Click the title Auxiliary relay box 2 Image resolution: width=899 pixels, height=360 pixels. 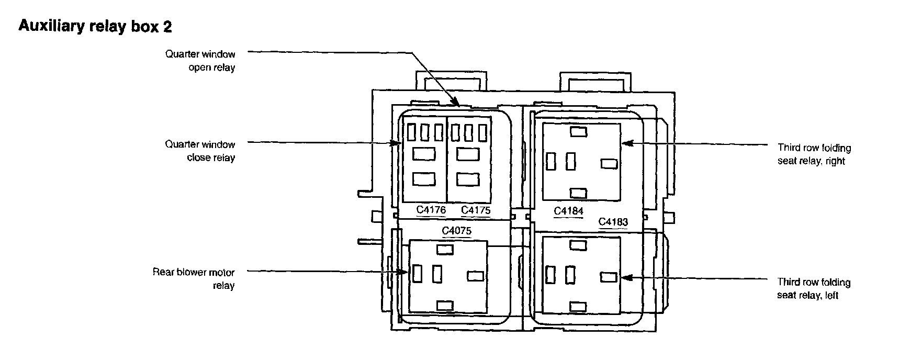[95, 27]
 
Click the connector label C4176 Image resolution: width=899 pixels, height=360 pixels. [431, 210]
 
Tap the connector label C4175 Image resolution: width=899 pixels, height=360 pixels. [476, 210]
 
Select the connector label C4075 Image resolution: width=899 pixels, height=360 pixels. [456, 231]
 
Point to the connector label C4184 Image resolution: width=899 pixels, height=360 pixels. [569, 211]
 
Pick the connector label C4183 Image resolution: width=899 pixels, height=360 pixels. [613, 222]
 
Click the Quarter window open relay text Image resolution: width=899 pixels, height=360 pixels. [200, 61]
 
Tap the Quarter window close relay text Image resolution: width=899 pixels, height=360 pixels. [200, 151]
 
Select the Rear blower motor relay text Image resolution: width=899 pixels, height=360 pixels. [194, 279]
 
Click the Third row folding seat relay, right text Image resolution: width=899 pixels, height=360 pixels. [814, 154]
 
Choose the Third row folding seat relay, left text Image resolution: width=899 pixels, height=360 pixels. [814, 289]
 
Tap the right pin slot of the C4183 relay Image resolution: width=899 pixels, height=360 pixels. [609, 276]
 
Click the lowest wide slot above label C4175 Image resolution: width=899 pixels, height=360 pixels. [468, 179]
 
